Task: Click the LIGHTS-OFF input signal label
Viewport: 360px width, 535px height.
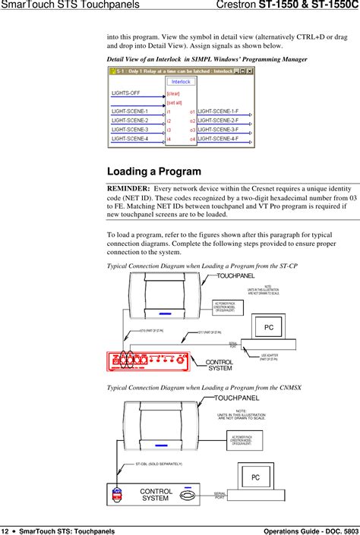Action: pos(126,93)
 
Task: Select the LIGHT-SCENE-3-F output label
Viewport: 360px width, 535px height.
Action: pos(218,130)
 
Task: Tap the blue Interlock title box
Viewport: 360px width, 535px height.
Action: pos(181,81)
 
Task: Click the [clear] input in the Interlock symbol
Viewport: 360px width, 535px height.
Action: pos(174,93)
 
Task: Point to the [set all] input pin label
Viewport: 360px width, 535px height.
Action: pos(175,102)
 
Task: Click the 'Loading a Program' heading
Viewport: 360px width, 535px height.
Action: pos(154,172)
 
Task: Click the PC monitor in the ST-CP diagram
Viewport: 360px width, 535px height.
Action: pos(268,328)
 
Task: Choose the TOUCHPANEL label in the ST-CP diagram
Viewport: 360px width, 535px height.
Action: pos(235,276)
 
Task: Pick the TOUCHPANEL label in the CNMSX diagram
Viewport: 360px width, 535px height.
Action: pos(236,397)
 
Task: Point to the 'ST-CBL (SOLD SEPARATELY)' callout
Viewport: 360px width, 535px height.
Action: pos(159,463)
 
